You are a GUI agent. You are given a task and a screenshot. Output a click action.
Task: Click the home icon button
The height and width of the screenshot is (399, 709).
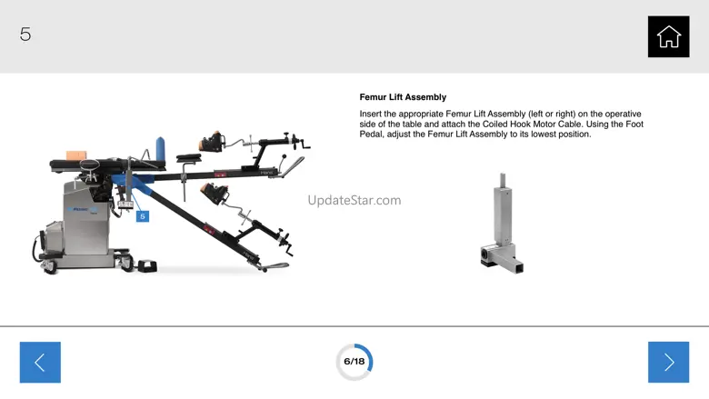point(668,36)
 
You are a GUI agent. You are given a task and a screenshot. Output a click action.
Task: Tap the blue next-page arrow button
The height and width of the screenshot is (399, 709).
point(668,362)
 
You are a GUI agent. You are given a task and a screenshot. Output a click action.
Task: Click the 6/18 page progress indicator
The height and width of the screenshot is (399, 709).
point(354,362)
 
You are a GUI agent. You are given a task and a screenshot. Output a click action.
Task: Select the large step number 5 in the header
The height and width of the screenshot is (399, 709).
point(25,34)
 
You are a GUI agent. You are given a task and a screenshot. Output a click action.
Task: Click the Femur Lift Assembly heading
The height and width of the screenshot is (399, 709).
point(403,97)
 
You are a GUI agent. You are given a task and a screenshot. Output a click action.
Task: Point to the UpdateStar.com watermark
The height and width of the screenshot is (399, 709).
point(354,200)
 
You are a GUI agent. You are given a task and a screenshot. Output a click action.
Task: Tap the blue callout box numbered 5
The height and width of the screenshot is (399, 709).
point(143,216)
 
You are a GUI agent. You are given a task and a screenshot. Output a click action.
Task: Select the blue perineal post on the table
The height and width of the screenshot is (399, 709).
point(160,148)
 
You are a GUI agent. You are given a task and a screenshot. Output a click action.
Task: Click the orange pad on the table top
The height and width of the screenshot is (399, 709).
point(76,155)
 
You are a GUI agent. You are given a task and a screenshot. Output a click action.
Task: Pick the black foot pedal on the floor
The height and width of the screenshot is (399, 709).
point(147,265)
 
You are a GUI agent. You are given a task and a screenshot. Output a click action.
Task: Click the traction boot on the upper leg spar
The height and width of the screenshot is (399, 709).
point(212,141)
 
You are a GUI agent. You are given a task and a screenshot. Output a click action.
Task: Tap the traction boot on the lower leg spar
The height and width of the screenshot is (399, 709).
point(215,194)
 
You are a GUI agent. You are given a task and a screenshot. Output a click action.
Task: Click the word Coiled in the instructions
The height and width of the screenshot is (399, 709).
point(494,125)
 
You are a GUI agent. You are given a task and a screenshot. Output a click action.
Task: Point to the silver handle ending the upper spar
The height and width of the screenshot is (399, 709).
point(292,165)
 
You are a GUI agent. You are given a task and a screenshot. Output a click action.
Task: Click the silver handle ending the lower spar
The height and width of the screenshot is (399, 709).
point(275,267)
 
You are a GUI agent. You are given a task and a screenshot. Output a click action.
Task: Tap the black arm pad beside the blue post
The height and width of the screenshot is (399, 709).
point(188,158)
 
